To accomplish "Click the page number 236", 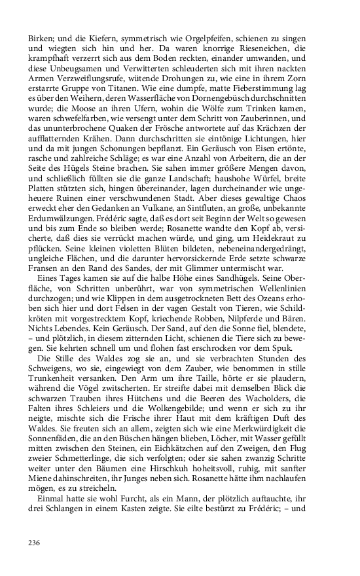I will (35, 543).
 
